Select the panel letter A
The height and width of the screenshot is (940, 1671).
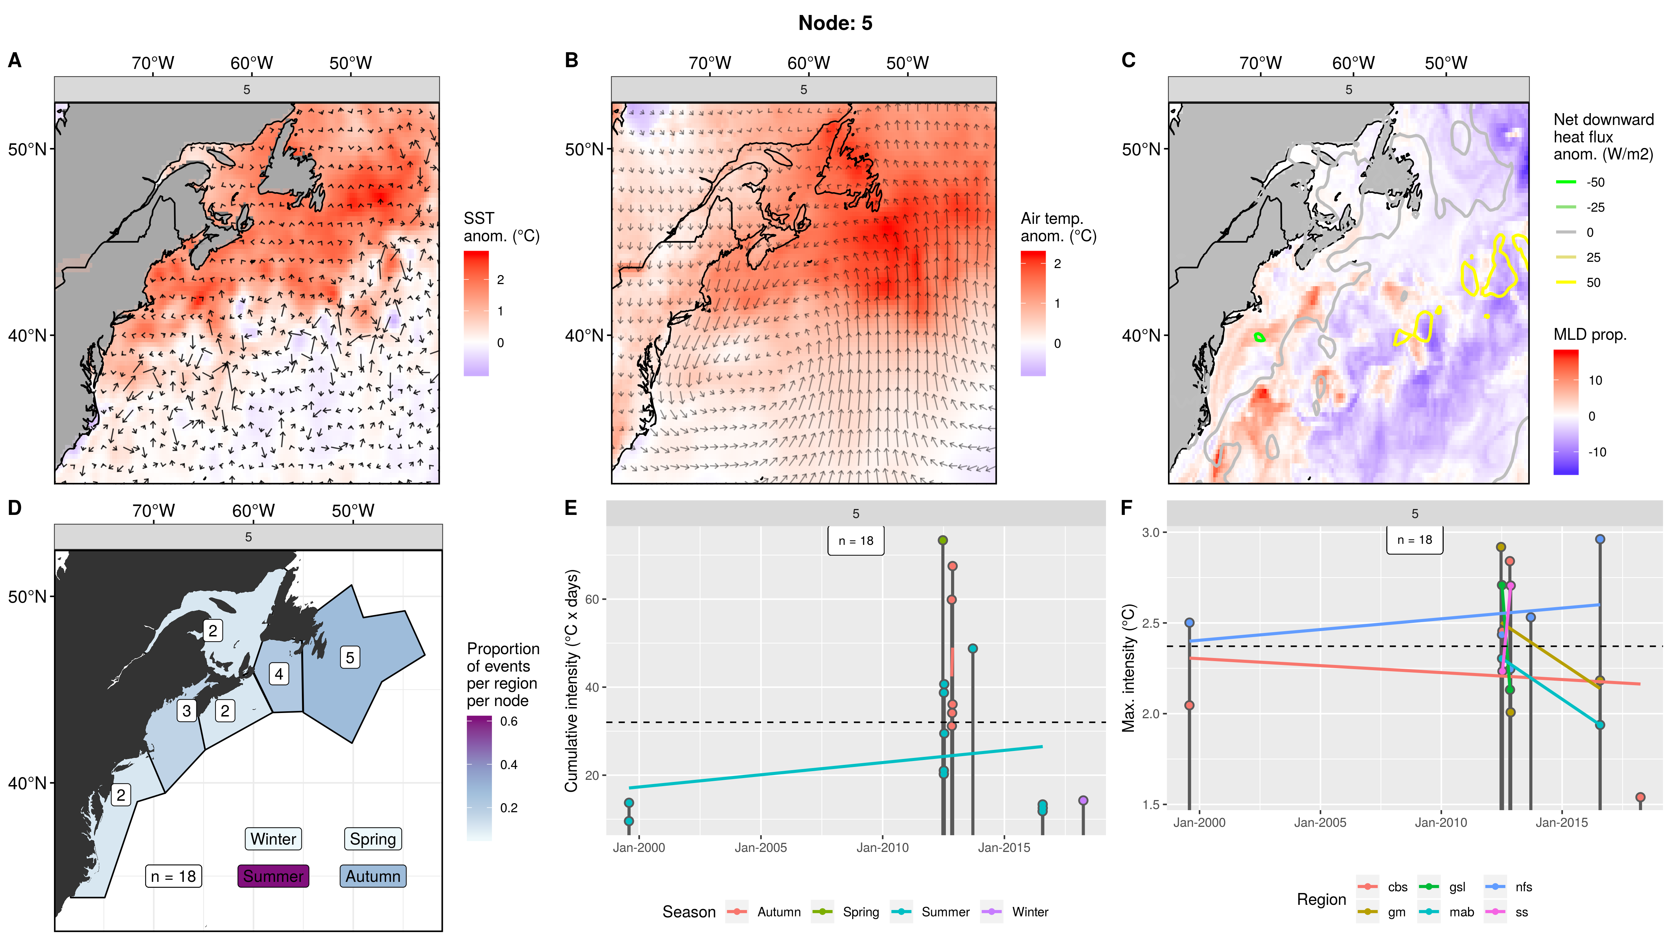(14, 60)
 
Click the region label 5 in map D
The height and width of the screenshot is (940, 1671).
(350, 657)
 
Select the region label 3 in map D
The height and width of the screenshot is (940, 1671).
(187, 710)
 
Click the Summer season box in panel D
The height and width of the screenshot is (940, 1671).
(273, 876)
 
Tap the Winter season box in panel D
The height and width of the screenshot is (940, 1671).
(273, 839)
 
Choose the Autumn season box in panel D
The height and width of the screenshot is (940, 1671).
(373, 876)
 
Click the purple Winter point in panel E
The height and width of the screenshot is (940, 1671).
(1083, 800)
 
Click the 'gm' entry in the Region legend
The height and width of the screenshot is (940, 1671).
(1396, 912)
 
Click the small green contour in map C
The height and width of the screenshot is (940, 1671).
(1260, 337)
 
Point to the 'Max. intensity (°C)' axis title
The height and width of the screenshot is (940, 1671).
(1129, 668)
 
